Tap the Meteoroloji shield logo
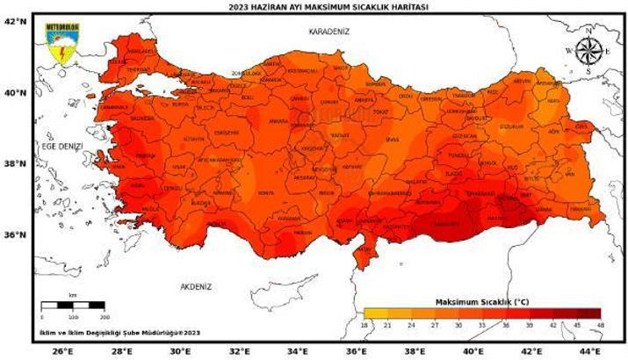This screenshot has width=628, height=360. pos(62,43)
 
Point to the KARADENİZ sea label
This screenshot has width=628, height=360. pos(328,31)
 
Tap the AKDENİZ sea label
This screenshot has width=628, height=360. pos(198,286)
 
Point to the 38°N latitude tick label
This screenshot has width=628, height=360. pos(15,163)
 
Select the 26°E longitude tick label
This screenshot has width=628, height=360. pos(62,351)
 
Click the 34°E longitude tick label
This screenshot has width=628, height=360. pos(299,351)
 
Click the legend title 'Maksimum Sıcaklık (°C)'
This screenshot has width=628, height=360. pos(481,301)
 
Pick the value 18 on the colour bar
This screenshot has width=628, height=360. pos(365,325)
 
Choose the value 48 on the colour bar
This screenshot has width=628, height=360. pos(600,325)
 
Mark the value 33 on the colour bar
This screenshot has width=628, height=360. pos(482,325)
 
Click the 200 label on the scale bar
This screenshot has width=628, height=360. pos(105,316)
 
